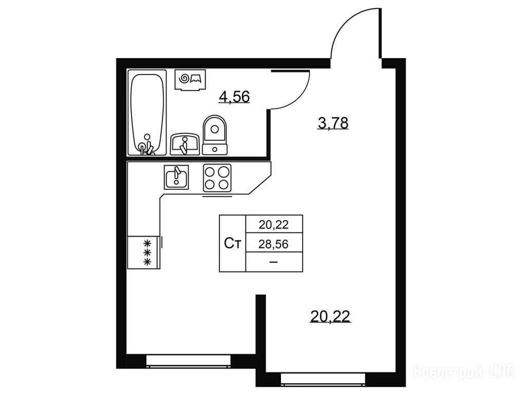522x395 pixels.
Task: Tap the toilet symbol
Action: pos(215,135)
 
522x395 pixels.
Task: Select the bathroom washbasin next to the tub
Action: pos(185,145)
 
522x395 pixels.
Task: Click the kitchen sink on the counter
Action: pos(176,177)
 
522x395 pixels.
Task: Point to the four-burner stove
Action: pos(217,178)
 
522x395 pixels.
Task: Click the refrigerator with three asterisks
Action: pos(144,253)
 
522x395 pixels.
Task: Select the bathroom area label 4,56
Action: pos(234,97)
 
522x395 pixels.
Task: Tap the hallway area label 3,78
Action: pos(333,123)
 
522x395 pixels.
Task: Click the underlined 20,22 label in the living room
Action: pos(330,316)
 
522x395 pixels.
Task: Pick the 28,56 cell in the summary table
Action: pos(274,244)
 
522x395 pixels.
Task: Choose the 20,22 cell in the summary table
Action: pos(274,225)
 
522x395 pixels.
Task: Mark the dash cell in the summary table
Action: pos(274,262)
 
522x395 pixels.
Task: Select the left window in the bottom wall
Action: pos(189,361)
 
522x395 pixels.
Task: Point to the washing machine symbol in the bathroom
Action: pos(191,80)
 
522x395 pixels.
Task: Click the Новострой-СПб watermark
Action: pos(463,371)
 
